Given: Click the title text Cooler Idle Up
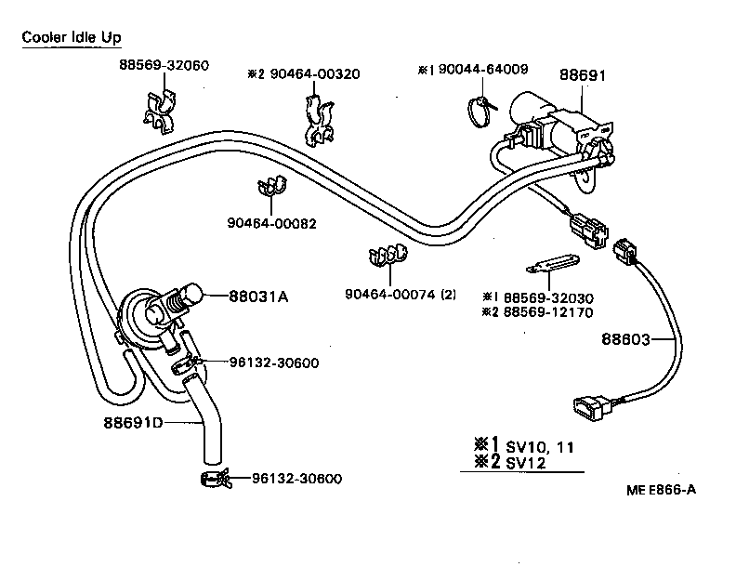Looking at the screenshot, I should point(71,37).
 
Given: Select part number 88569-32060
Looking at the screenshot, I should point(164,65).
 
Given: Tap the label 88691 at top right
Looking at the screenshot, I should point(582,74).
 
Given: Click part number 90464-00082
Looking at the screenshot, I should point(271,224).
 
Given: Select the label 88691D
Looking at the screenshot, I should point(132,423).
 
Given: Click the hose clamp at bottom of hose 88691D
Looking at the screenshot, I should point(215,480).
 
